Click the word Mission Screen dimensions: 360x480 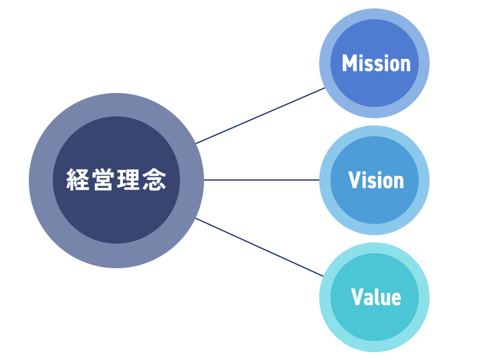tap(376, 64)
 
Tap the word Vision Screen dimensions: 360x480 tap(376, 181)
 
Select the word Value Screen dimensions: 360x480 tap(376, 297)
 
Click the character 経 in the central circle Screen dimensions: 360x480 tap(78, 180)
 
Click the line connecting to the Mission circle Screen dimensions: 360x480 tap(260, 116)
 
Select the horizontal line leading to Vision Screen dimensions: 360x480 tap(261, 179)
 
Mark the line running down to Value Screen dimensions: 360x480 tap(260, 247)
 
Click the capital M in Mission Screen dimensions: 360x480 tap(349, 64)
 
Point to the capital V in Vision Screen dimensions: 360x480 tap(354, 181)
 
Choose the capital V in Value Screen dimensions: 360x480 tap(357, 297)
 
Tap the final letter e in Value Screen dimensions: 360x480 tap(396, 298)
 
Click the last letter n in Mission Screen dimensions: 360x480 tap(406, 65)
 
